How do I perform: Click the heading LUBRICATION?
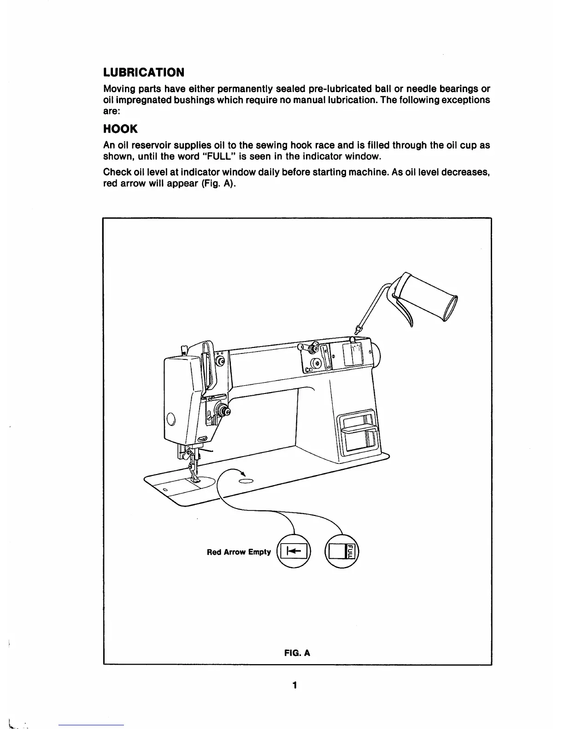[143, 73]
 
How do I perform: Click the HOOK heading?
[120, 130]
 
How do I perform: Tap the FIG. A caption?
[297, 653]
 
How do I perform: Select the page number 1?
[294, 685]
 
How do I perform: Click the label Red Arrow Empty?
[239, 552]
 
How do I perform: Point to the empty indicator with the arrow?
[293, 550]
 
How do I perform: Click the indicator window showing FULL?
[342, 550]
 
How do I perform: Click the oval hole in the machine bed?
[246, 481]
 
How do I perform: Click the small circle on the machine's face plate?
[170, 419]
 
